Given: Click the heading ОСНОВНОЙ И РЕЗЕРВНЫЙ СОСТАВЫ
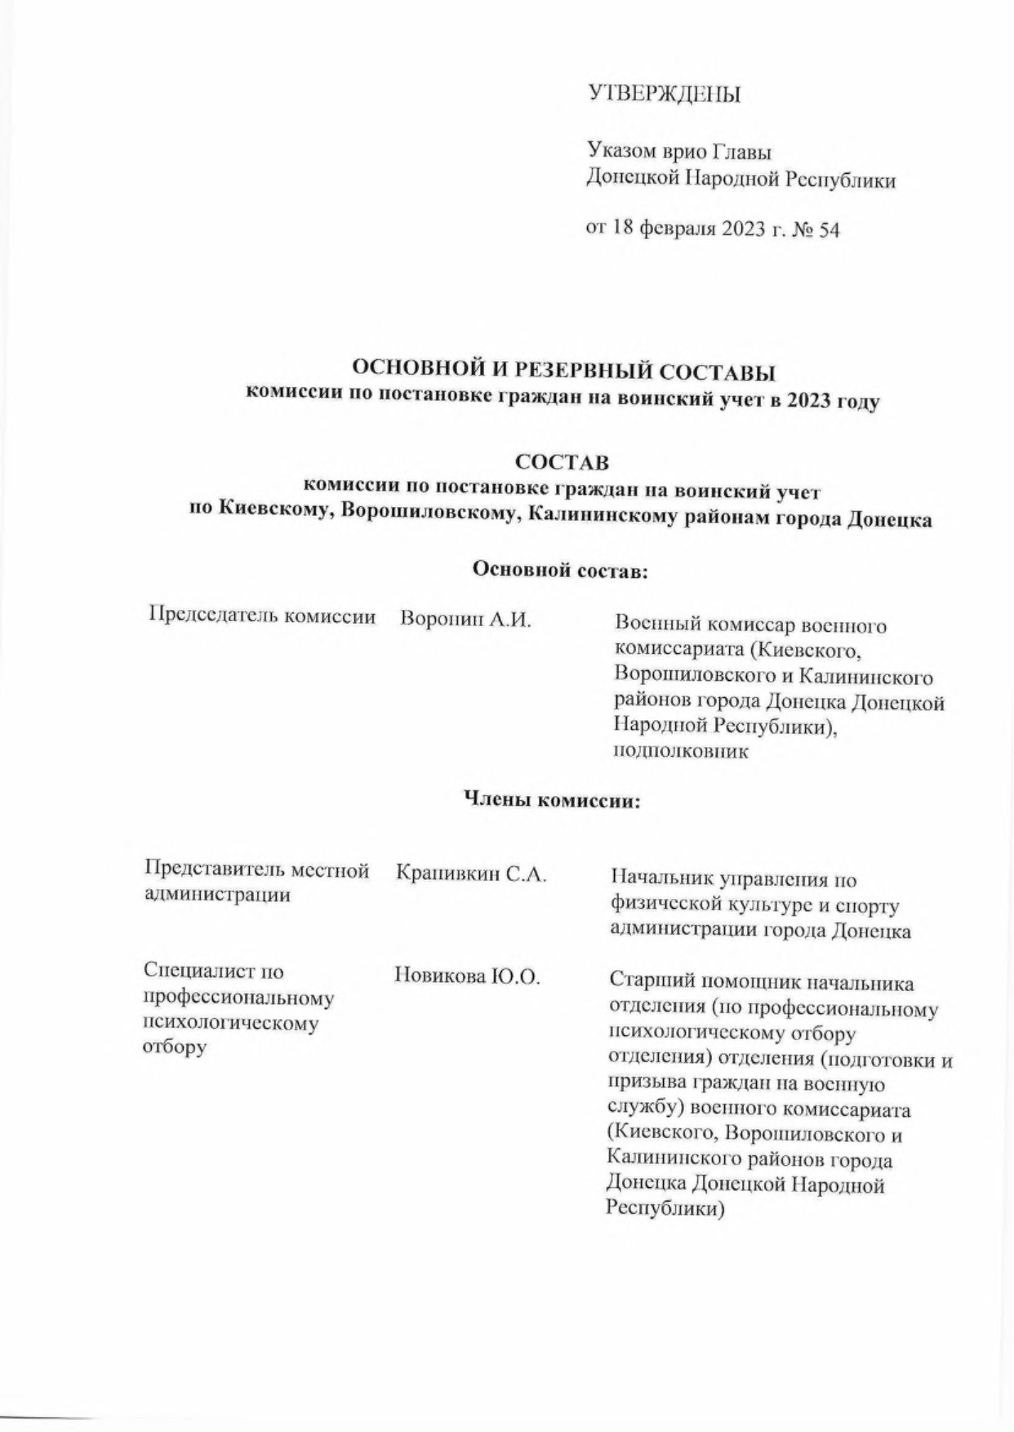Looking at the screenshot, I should [x=563, y=374].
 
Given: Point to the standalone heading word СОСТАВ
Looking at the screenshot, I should [x=562, y=463].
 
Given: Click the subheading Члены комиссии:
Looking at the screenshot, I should [x=553, y=800].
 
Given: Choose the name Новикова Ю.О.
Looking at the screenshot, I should [x=467, y=976].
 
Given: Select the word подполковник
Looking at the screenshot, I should [x=681, y=752].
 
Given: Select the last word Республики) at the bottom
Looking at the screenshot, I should [x=665, y=1209].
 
